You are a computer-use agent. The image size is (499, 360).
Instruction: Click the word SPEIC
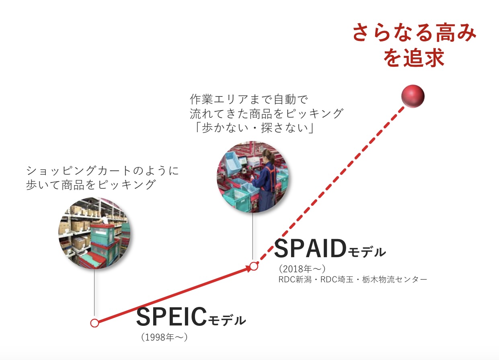172,317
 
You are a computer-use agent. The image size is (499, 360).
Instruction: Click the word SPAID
310,248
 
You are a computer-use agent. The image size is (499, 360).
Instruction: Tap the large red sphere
413,96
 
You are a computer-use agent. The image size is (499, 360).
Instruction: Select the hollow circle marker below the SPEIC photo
94,323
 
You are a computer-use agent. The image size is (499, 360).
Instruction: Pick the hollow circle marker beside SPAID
254,266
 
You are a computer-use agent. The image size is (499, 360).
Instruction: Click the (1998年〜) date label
164,337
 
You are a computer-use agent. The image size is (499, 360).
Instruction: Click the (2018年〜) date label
302,269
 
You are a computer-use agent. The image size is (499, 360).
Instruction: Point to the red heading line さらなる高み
414,33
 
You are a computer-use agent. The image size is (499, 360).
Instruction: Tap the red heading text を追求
414,58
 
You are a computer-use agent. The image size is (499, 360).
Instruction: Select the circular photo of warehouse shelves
94,233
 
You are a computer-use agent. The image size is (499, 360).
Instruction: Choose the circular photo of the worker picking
253,177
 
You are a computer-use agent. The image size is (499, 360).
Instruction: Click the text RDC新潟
295,279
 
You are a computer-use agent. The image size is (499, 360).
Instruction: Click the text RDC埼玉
337,279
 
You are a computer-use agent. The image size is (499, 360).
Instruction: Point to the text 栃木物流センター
394,279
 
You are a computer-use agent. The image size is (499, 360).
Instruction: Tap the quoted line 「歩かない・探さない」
254,128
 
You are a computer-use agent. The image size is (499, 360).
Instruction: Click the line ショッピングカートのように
103,170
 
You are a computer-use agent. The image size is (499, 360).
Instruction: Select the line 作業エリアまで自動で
249,99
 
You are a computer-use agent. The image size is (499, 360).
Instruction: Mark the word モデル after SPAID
367,252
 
